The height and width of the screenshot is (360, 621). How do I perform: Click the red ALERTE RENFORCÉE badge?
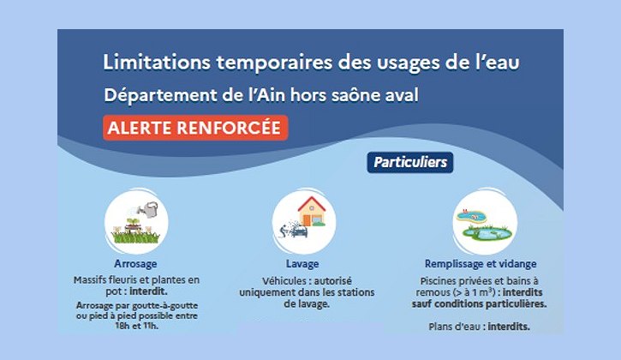[x=195, y=128]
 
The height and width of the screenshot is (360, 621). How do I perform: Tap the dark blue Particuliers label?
[x=410, y=163]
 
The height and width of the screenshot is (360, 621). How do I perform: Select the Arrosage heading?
[x=135, y=264]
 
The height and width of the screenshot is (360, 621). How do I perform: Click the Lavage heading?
[x=302, y=264]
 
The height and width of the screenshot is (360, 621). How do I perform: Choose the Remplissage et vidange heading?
[x=481, y=264]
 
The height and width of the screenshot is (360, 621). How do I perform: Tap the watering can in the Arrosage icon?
[x=147, y=209]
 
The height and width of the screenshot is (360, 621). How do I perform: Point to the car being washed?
[x=298, y=231]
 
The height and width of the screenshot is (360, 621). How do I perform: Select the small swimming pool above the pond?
[x=471, y=216]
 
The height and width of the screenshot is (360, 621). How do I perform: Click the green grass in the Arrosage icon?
[x=136, y=237]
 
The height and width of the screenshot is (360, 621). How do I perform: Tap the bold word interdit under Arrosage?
[x=148, y=291]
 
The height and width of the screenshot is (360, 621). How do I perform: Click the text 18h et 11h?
[x=136, y=326]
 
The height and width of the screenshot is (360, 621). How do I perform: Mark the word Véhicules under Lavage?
[x=284, y=281]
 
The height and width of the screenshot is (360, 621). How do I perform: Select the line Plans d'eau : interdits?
[x=479, y=327]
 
